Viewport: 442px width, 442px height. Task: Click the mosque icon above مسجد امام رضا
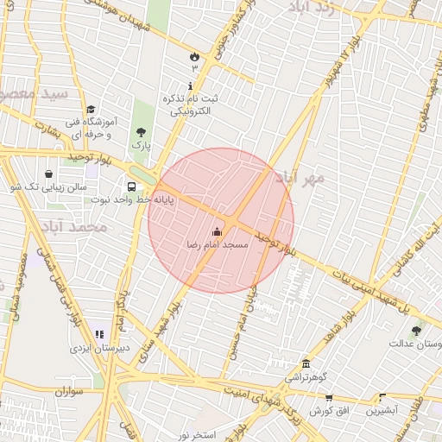pyautogui.click(x=216, y=231)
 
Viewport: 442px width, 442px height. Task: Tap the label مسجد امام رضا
pyautogui.click(x=217, y=245)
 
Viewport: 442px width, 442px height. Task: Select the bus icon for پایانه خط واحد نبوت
pyautogui.click(x=131, y=186)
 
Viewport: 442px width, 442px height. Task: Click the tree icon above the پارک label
pyautogui.click(x=141, y=132)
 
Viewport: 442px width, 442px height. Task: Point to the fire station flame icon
pyautogui.click(x=194, y=57)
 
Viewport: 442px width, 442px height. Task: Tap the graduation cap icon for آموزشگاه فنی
pyautogui.click(x=91, y=109)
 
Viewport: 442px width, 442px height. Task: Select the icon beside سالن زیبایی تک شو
pyautogui.click(x=47, y=174)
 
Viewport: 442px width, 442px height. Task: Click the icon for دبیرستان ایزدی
pyautogui.click(x=98, y=334)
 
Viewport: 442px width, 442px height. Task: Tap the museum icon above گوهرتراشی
pyautogui.click(x=306, y=363)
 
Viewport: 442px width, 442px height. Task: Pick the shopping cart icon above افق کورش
pyautogui.click(x=328, y=397)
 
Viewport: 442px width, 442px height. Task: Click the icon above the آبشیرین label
pyautogui.click(x=383, y=397)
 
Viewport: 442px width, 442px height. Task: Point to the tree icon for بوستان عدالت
pyautogui.click(x=418, y=330)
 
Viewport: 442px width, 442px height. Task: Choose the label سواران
pyautogui.click(x=66, y=392)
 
